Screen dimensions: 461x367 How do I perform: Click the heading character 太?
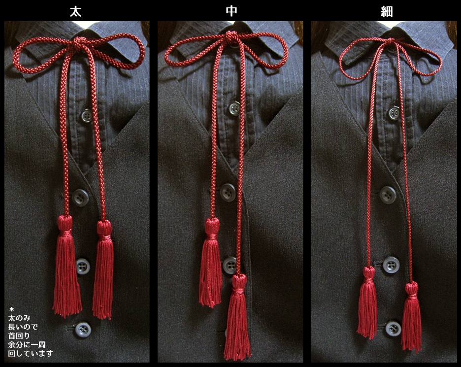75,11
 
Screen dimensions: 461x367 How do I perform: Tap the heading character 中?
231,11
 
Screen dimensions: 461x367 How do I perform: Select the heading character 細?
387,11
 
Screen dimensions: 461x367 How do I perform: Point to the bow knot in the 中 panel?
231,37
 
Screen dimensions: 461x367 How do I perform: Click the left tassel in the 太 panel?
66,266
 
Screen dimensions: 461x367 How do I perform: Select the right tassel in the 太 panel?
103,269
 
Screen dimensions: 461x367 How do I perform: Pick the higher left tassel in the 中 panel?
210,262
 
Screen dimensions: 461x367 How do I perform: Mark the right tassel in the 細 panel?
411,318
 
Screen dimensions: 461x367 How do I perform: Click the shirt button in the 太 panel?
86,115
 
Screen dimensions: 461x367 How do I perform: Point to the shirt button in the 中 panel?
234,107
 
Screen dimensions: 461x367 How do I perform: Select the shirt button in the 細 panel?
394,113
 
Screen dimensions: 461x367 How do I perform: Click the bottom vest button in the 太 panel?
83,330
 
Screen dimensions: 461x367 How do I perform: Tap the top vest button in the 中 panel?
228,193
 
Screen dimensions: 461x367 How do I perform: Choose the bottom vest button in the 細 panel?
393,329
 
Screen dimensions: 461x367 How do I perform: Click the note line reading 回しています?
31,353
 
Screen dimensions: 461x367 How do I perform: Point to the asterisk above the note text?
11,309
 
